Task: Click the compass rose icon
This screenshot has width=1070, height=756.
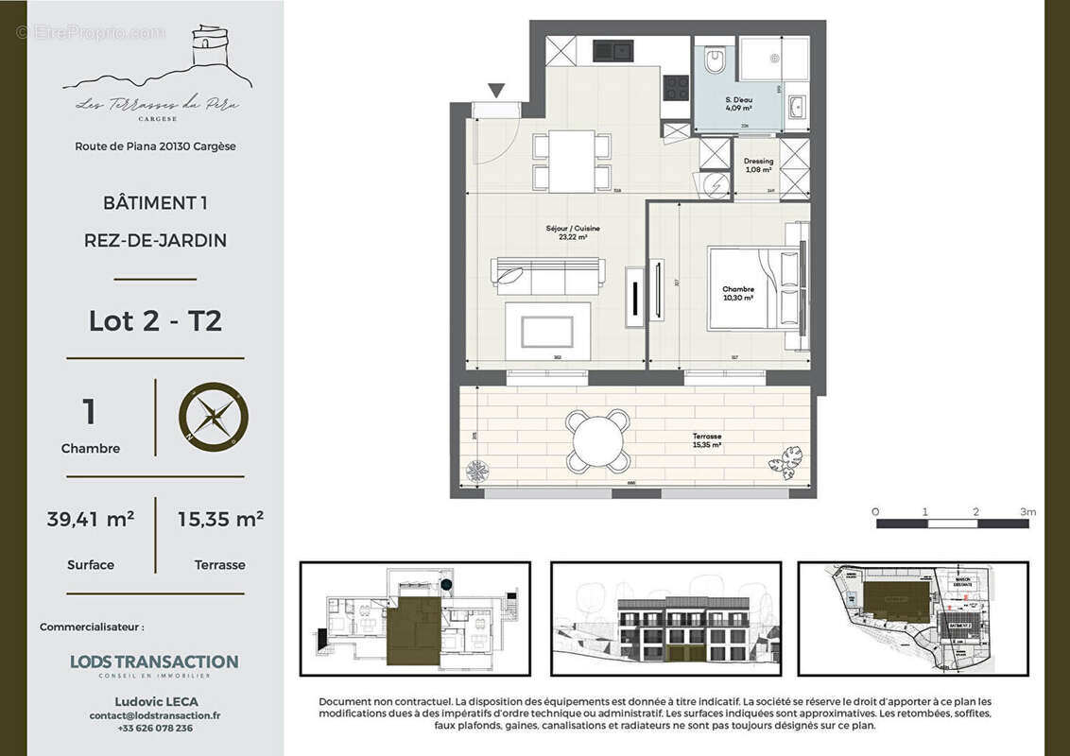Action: point(214,417)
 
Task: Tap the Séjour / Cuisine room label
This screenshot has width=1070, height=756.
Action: point(573,233)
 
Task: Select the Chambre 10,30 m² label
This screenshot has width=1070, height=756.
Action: point(737,294)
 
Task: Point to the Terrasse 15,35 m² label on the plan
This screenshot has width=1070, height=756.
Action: point(705,440)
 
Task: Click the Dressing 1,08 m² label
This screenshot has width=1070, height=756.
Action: point(758,165)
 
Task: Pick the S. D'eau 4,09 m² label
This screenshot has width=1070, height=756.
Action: point(738,104)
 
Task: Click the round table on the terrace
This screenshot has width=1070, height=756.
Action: point(598,440)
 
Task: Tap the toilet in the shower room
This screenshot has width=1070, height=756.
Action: point(716,60)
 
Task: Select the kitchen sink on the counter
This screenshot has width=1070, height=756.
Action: point(613,48)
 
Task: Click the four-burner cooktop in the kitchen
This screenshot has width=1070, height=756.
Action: point(676,87)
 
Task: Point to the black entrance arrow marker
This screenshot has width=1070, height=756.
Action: point(496,91)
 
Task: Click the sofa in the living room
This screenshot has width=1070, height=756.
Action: point(547,275)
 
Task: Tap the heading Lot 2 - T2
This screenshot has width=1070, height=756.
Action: point(155,321)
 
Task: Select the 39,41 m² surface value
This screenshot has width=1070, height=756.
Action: point(90,519)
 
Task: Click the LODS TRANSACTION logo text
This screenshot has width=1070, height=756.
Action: point(154,662)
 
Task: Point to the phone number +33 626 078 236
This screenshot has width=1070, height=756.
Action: point(155,728)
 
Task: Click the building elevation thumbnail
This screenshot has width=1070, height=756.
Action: point(665,619)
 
